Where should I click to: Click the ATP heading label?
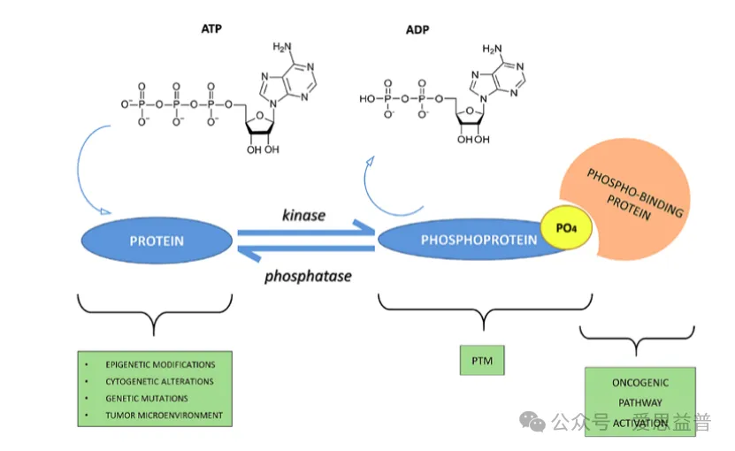(211, 29)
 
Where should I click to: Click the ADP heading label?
(417, 30)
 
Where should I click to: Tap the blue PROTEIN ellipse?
(157, 240)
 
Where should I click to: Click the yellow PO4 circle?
(566, 228)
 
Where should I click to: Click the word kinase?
(303, 215)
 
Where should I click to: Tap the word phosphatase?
(308, 276)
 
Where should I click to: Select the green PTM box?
(482, 361)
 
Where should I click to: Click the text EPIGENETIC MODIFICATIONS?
(160, 364)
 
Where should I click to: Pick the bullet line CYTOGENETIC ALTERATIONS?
(159, 382)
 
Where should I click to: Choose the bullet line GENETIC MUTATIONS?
(147, 399)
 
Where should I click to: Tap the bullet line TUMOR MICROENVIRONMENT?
(164, 416)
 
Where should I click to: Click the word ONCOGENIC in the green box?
(640, 383)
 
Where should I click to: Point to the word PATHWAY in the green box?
(640, 402)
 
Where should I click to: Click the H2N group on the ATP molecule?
(282, 47)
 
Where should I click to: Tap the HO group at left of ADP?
(367, 99)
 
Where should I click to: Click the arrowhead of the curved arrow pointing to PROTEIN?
(105, 211)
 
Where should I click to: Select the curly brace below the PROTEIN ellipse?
(154, 313)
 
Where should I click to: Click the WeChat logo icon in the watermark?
(532, 422)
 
